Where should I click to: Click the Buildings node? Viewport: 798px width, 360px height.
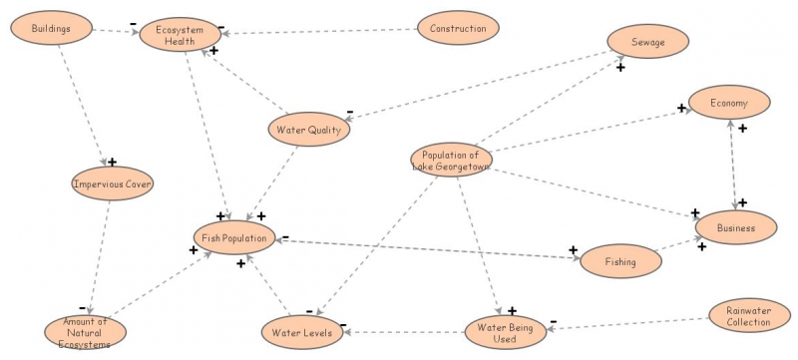[51, 29]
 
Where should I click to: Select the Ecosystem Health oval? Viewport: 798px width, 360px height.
[179, 35]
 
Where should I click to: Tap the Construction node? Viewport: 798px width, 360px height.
[458, 29]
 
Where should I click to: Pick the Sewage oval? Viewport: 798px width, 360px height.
[647, 42]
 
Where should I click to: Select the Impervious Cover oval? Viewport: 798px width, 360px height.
[113, 183]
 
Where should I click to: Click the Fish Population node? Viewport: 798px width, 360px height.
[233, 237]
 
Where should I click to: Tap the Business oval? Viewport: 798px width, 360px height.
[734, 227]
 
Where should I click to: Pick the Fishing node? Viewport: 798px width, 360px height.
[619, 261]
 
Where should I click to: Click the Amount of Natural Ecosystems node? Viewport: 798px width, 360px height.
[86, 332]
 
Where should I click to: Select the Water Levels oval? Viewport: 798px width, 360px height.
[303, 332]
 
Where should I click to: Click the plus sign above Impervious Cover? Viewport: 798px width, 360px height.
[112, 162]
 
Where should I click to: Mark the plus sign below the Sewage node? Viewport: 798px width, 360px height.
[620, 68]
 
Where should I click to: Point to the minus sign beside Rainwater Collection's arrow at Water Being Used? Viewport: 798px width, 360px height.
[554, 323]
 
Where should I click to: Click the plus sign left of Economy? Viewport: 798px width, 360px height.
[682, 108]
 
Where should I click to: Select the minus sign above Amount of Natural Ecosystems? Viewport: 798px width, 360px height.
[82, 307]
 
